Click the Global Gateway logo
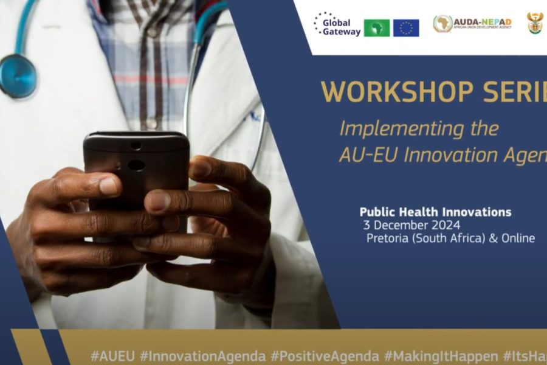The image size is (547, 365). click(337, 25)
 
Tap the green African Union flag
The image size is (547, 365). click(377, 28)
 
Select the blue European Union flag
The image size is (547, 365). click(406, 28)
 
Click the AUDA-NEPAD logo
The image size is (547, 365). click(472, 24)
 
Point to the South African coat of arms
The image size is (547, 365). click(535, 24)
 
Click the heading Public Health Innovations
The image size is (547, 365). click(435, 212)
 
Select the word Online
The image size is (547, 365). click(516, 238)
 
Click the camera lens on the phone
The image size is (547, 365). click(137, 165)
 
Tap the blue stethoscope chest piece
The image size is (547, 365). click(17, 75)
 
